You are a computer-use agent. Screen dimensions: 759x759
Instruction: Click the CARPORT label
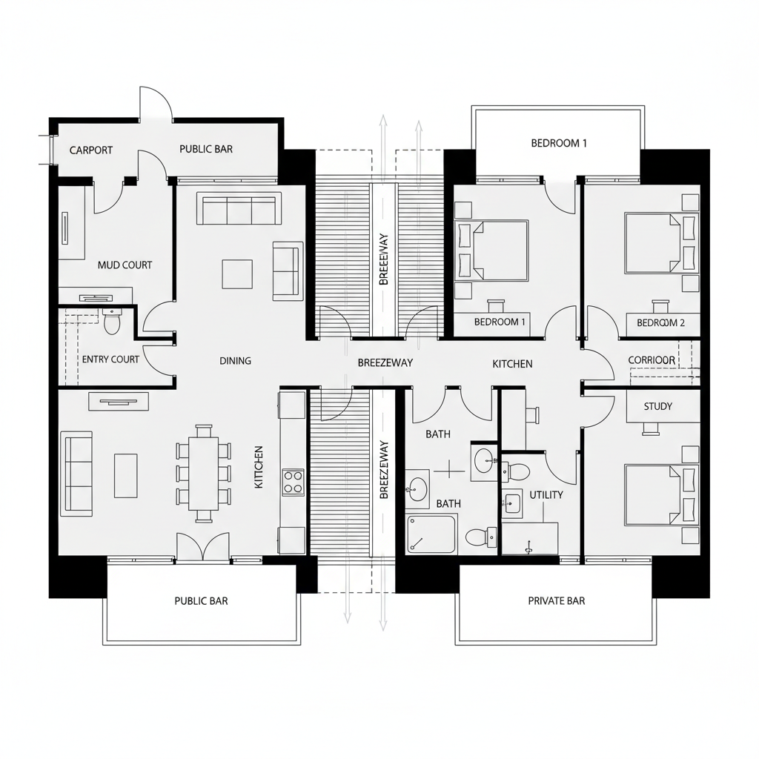pyautogui.click(x=91, y=150)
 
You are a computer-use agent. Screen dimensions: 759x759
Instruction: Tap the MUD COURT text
pyautogui.click(x=125, y=265)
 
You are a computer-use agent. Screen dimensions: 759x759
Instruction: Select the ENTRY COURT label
pyautogui.click(x=110, y=359)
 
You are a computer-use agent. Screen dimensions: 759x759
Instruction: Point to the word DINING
pyautogui.click(x=235, y=361)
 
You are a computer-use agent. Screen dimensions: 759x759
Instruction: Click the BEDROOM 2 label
pyautogui.click(x=660, y=322)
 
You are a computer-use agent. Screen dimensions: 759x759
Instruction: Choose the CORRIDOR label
pyautogui.click(x=652, y=360)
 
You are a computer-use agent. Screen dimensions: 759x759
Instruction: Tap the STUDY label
pyautogui.click(x=657, y=406)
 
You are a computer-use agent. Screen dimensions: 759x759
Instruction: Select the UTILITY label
pyautogui.click(x=546, y=494)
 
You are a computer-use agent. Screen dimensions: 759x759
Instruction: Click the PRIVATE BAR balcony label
pyautogui.click(x=556, y=600)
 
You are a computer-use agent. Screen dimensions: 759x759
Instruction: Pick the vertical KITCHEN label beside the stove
pyautogui.click(x=258, y=466)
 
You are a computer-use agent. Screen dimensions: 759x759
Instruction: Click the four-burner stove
pyautogui.click(x=293, y=482)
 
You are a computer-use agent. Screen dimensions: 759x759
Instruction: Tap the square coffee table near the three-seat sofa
pyautogui.click(x=236, y=274)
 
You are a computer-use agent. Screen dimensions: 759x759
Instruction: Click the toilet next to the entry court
pyautogui.click(x=112, y=322)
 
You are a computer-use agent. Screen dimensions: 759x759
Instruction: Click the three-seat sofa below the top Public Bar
pyautogui.click(x=239, y=209)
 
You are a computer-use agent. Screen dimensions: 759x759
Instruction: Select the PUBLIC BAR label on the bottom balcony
pyautogui.click(x=201, y=600)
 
